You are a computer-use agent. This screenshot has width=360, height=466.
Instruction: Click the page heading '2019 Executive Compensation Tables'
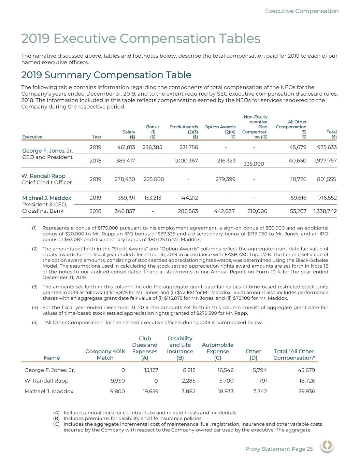click(141, 39)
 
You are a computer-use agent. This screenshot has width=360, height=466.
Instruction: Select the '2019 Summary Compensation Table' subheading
click(106, 75)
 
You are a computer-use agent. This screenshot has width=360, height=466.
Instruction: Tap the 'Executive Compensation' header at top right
click(302, 11)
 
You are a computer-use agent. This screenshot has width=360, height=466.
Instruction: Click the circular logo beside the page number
click(327, 446)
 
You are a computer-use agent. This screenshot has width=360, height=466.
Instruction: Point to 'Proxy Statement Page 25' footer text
click(279, 449)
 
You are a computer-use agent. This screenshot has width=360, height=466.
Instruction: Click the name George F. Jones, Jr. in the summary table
click(47, 151)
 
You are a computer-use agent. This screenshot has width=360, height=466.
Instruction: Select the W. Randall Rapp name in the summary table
click(43, 176)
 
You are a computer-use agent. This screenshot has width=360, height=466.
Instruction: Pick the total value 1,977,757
click(325, 160)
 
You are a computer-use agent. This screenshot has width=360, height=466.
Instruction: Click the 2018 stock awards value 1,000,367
click(186, 160)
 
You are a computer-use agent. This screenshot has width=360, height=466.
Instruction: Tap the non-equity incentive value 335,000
click(254, 164)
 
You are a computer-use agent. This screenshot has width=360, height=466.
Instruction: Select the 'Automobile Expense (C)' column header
click(217, 351)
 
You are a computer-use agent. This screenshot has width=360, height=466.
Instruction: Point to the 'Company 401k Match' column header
click(105, 354)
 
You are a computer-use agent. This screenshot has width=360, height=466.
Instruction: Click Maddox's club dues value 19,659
click(150, 391)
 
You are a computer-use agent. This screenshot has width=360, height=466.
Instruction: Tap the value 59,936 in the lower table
click(306, 391)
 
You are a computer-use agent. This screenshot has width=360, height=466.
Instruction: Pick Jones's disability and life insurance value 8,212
click(188, 370)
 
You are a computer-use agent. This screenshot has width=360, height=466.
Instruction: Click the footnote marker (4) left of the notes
click(34, 308)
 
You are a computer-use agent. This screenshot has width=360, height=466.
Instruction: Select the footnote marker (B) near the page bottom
click(56, 419)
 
